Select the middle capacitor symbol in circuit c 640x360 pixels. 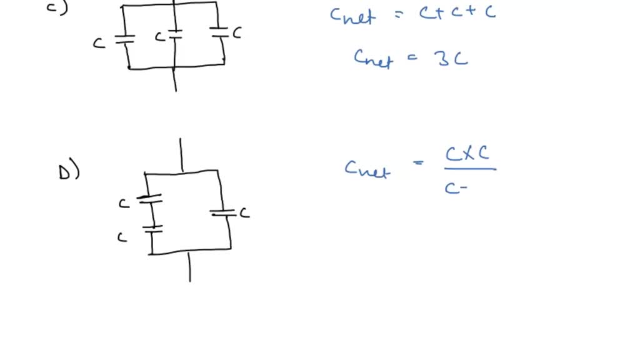pos(176,34)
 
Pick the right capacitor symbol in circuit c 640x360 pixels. pos(219,32)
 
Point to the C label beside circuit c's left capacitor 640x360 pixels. pos(99,44)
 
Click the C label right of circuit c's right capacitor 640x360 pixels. pos(237,33)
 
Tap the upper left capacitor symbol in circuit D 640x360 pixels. pos(149,199)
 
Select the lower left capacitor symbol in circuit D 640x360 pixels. pos(152,229)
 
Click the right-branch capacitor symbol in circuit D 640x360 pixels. pos(224,214)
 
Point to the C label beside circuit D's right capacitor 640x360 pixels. pos(244,213)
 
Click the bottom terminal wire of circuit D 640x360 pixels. pos(189,267)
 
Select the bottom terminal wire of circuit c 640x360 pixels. pos(176,79)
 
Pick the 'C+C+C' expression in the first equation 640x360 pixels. pos(457,13)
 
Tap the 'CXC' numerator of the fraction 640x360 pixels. pos(467,153)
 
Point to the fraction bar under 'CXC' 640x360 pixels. pos(470,169)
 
